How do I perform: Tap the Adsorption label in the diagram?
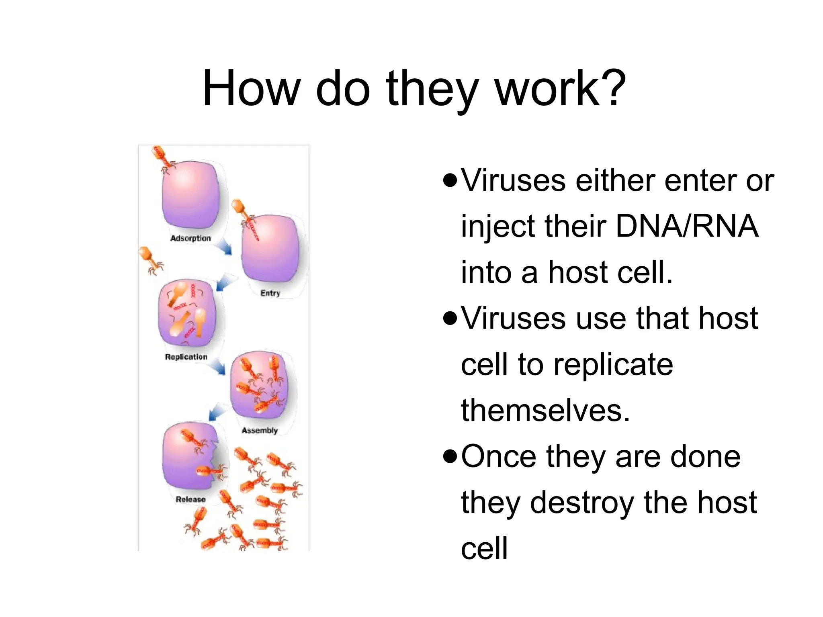point(190,238)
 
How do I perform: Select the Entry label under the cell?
point(270,293)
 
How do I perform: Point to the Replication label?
point(186,357)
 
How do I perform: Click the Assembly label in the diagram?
point(260,430)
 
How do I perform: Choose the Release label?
point(190,499)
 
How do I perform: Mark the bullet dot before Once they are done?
point(450,457)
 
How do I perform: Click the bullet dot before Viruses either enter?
point(450,180)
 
